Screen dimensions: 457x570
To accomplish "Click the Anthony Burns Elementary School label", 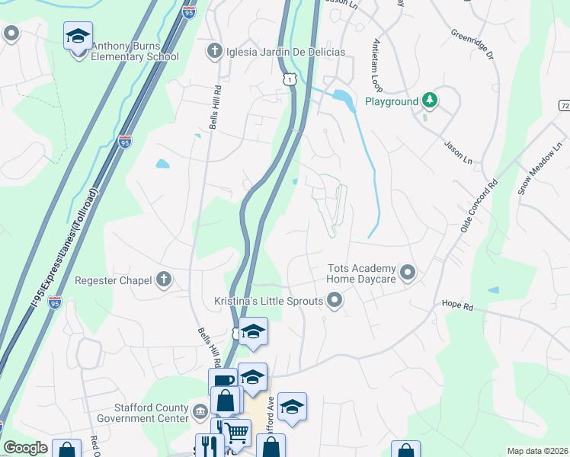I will point(135,51).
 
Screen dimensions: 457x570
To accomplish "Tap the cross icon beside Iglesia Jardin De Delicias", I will point(215,52).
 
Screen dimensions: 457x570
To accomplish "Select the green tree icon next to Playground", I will point(431,101).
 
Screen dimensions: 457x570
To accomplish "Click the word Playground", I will point(392,101).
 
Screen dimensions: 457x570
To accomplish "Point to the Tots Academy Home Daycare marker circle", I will point(408,272).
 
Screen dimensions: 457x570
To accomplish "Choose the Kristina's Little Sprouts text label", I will point(268,302).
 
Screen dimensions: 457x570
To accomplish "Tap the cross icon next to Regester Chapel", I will point(163,280).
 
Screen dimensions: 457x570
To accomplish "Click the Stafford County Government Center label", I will point(152,413).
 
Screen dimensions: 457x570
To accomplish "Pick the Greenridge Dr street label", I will point(472,45).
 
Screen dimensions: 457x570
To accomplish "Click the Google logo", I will point(25,448).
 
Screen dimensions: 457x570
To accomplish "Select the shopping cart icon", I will point(237,433).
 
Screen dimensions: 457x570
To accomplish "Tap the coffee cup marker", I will point(223,381).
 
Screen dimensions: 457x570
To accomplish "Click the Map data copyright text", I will point(537,451).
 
